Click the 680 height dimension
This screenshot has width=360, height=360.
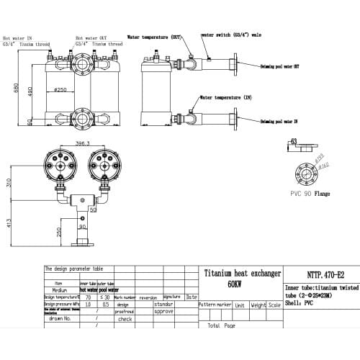click(8, 89)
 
